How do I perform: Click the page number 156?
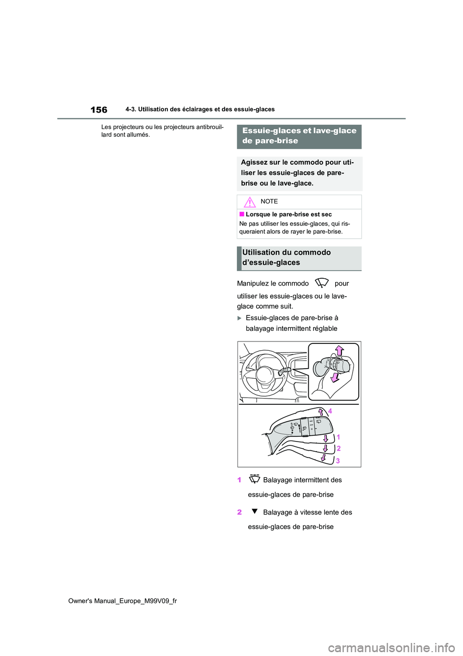(x=99, y=110)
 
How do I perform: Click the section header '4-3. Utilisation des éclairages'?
(x=200, y=110)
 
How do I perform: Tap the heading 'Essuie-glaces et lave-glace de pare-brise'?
(x=299, y=136)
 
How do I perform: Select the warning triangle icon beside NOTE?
(x=249, y=202)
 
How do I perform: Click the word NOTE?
(x=269, y=201)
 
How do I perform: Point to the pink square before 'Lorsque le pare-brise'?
(x=242, y=214)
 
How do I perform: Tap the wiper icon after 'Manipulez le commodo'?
(x=322, y=283)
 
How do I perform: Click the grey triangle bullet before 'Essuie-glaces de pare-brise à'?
(x=240, y=318)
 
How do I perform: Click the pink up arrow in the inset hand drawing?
(x=340, y=350)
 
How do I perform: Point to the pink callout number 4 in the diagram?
(x=330, y=411)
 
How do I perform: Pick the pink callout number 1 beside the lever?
(x=338, y=437)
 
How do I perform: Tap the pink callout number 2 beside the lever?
(x=339, y=448)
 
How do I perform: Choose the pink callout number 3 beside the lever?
(x=338, y=461)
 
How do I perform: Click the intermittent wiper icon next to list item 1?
(x=255, y=479)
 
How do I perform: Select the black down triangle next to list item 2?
(x=255, y=511)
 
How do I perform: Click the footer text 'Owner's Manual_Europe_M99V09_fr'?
(x=123, y=601)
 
